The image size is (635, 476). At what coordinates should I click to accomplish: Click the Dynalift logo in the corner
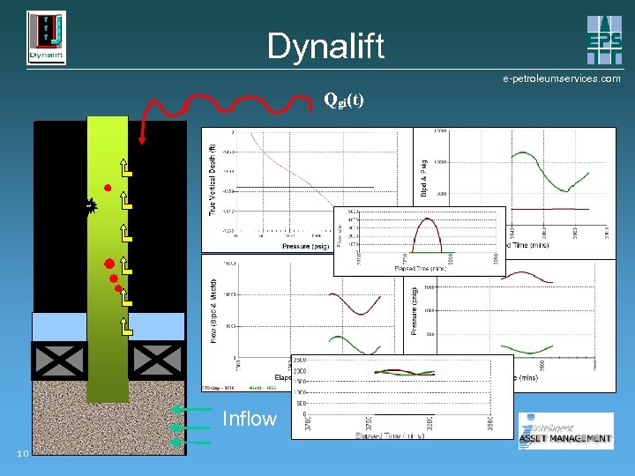(x=46, y=38)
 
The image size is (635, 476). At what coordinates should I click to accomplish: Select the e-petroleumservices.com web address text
(x=561, y=78)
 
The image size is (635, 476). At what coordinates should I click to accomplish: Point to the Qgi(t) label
(x=343, y=99)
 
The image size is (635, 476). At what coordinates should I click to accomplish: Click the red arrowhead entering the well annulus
(x=143, y=138)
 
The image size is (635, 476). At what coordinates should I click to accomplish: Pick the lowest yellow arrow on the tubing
(x=127, y=328)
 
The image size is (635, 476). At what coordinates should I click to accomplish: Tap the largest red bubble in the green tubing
(x=108, y=264)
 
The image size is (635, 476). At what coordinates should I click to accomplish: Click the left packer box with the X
(x=59, y=360)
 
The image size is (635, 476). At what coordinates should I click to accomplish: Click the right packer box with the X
(x=157, y=360)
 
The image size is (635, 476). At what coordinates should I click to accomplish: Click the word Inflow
(x=250, y=419)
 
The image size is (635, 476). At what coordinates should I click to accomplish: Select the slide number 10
(x=23, y=453)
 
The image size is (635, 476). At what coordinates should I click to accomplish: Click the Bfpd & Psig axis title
(x=423, y=177)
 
